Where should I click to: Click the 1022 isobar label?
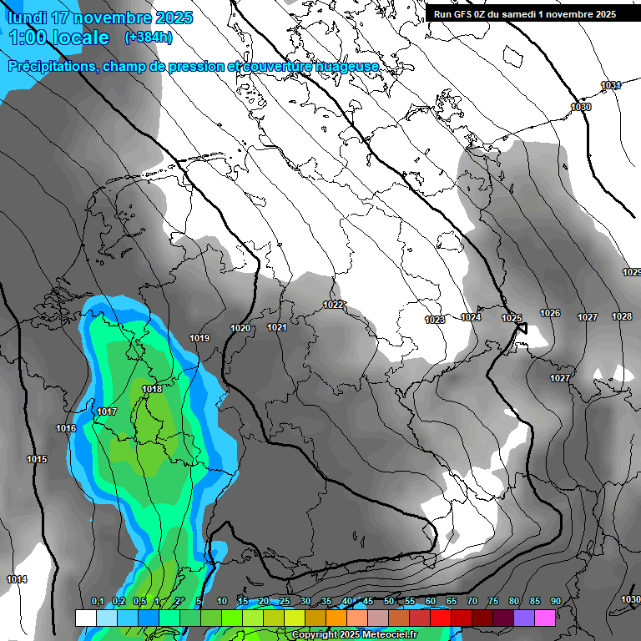click(x=334, y=305)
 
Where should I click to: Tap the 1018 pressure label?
click(x=152, y=389)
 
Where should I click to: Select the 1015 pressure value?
click(x=37, y=460)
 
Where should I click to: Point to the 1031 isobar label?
click(x=611, y=85)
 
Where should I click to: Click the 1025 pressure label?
click(x=512, y=319)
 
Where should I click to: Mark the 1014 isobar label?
click(x=17, y=579)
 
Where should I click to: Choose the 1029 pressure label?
click(x=632, y=272)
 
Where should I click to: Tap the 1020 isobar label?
click(x=240, y=328)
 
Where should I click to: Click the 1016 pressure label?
click(x=66, y=428)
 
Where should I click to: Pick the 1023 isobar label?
click(x=434, y=320)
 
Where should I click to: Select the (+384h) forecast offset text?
click(x=149, y=38)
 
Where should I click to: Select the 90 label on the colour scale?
click(x=555, y=601)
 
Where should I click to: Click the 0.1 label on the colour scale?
click(x=98, y=601)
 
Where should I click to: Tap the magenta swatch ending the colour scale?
click(x=545, y=618)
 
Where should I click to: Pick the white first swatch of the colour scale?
click(x=85, y=618)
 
